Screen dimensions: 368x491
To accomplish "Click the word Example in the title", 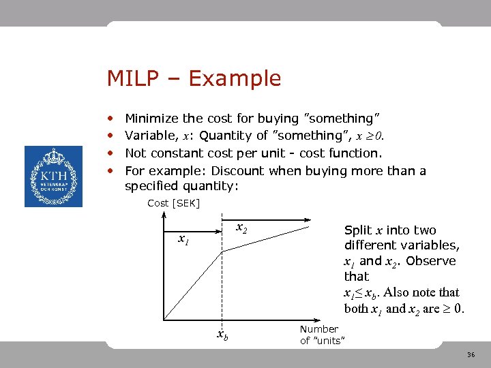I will click(x=235, y=79).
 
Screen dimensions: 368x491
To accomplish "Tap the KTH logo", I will click(x=53, y=177).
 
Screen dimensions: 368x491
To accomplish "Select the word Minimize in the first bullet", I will click(x=151, y=119).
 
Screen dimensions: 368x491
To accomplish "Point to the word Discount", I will click(x=239, y=170).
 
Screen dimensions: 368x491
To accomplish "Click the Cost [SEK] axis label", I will click(x=173, y=203).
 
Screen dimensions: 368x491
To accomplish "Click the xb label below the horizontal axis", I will click(x=222, y=335).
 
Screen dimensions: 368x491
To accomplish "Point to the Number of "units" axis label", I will click(x=321, y=335).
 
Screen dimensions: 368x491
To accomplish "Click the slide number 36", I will click(x=471, y=355).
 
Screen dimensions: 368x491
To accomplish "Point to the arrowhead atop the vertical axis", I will click(x=165, y=215).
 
